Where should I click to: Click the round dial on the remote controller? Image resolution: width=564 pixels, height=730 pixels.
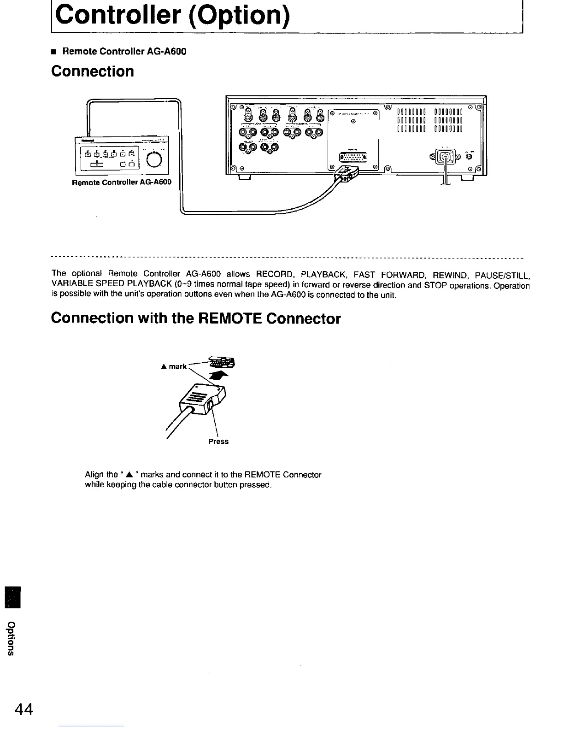click(x=155, y=159)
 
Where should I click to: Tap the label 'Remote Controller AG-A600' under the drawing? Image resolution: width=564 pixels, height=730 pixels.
click(x=122, y=182)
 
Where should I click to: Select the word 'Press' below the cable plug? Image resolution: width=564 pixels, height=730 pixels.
click(x=218, y=441)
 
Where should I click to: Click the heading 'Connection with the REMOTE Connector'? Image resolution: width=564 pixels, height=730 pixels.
click(x=196, y=318)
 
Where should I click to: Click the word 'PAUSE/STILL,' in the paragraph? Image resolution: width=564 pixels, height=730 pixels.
click(x=505, y=276)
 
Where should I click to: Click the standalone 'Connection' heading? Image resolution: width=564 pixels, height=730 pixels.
click(x=93, y=71)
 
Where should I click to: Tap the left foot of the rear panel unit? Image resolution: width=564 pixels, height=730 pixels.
click(x=244, y=177)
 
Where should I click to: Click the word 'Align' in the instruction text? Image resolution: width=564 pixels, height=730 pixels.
click(x=94, y=475)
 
